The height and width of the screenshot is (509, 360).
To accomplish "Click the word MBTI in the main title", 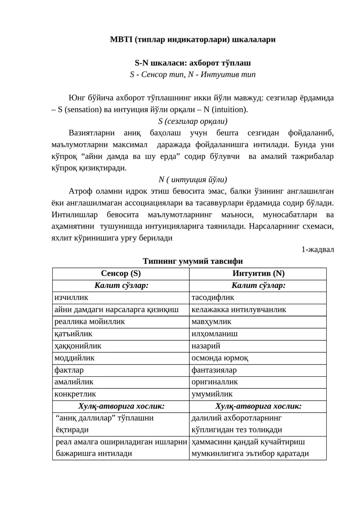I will [x=121, y=40].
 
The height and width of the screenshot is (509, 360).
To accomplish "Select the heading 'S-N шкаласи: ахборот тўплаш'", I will [x=193, y=63].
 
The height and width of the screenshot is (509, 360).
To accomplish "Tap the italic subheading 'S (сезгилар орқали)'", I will [x=193, y=121].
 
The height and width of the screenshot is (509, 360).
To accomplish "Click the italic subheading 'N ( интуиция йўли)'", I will [x=193, y=179].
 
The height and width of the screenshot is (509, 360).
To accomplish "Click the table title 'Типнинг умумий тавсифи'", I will [x=193, y=261].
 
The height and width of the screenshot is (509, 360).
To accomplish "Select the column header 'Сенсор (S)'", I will [x=121, y=273].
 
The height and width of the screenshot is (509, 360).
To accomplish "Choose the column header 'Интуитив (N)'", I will [x=258, y=273].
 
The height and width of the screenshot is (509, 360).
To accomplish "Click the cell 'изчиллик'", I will [x=71, y=297].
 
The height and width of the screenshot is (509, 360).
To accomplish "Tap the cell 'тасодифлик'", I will [x=213, y=297].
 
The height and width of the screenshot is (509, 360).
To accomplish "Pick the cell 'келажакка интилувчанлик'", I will [x=238, y=310].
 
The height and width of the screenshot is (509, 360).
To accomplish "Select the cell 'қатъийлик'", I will [x=73, y=334].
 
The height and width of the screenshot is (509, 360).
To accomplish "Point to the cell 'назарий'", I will [x=206, y=346].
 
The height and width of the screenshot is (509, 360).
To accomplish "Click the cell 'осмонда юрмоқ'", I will [x=220, y=358].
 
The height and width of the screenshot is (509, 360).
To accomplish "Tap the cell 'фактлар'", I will [x=69, y=370].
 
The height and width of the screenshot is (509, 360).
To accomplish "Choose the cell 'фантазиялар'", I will [x=214, y=370].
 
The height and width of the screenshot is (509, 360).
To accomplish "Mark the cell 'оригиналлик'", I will [x=215, y=382].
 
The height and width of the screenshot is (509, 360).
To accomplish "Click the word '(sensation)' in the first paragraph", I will [x=83, y=109].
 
